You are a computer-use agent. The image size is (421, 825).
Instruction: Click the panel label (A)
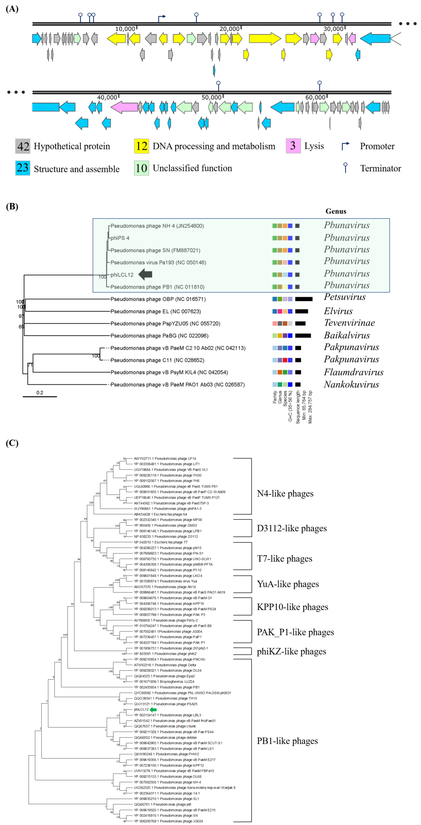point(12,9)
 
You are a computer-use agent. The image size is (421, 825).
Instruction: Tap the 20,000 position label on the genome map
point(229,29)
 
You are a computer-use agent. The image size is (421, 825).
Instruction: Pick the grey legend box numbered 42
point(23,146)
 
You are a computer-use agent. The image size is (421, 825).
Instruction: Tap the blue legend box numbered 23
point(23,168)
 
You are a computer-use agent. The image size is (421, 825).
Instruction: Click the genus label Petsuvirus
point(344,297)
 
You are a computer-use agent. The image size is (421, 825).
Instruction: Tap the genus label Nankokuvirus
point(351,384)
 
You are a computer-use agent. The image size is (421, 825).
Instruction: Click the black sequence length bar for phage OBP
point(303,299)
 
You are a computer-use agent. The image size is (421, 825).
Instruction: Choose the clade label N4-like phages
point(285,493)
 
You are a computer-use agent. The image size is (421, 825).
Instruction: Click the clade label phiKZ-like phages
point(291,651)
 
